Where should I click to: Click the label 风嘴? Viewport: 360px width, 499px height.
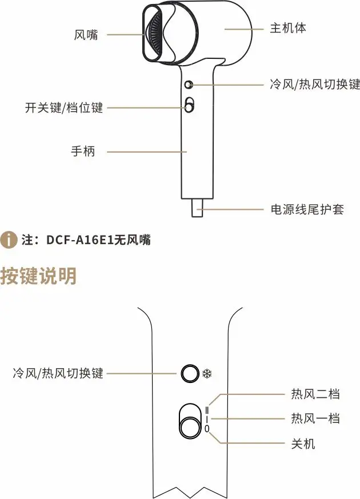point(86,35)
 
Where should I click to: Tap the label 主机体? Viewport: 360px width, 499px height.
point(288,28)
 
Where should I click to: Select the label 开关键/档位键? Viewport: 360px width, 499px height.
point(64,107)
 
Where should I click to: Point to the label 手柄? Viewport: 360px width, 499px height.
point(82,151)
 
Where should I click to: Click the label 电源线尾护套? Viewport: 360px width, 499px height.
point(307,209)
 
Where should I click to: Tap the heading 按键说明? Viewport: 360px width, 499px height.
point(38,277)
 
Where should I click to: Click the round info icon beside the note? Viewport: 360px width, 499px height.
point(9,241)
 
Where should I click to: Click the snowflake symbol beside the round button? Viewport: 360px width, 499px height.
point(207,374)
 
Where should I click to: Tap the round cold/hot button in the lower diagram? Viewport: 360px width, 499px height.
point(187,374)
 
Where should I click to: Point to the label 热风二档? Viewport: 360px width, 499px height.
point(315,394)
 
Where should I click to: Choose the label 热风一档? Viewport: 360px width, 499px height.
point(315,419)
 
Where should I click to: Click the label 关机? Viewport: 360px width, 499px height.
point(303,444)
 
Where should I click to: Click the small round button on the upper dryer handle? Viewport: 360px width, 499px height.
point(189,85)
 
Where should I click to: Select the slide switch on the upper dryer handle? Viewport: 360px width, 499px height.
point(189,105)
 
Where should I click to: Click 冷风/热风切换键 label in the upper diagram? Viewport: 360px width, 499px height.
point(314,85)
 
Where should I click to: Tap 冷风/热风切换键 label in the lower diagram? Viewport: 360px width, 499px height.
point(58,373)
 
